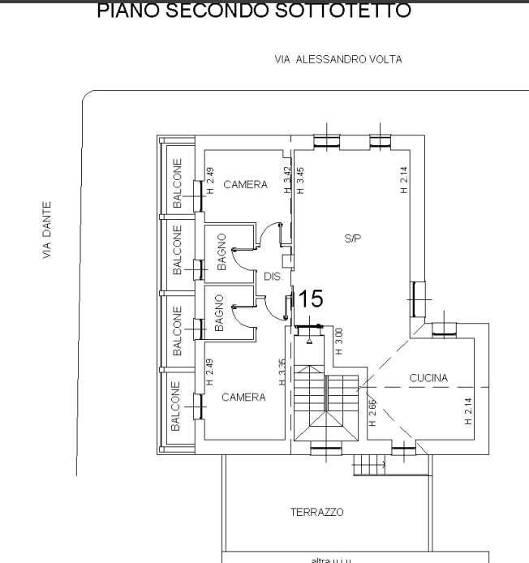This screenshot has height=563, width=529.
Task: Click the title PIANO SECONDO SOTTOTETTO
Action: click(x=253, y=11)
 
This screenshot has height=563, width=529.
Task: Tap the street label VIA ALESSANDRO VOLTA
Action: click(x=338, y=59)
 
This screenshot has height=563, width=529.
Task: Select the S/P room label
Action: click(x=352, y=239)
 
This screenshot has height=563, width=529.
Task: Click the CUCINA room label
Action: click(x=428, y=378)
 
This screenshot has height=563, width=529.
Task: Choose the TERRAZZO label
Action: click(x=316, y=512)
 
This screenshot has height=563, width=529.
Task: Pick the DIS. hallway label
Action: click(x=273, y=277)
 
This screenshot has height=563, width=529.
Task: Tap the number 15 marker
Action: click(x=311, y=299)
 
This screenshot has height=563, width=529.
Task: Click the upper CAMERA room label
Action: click(x=245, y=185)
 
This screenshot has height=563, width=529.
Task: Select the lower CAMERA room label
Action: click(x=243, y=398)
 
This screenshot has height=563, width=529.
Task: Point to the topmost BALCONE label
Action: click(x=177, y=183)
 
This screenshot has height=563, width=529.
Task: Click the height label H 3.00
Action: click(x=339, y=339)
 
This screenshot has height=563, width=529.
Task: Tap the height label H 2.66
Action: click(x=372, y=413)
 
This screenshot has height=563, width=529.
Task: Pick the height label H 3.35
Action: click(x=281, y=372)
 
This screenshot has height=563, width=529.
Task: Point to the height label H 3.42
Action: click(x=287, y=180)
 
